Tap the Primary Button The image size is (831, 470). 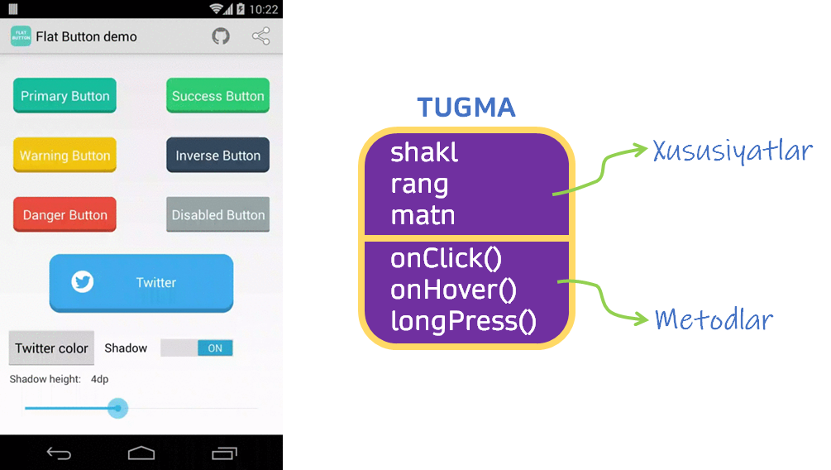64,96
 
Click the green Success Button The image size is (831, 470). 217,96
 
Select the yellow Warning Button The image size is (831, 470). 64,156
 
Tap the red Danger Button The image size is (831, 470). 64,215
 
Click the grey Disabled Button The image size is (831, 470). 217,215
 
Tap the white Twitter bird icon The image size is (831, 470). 82,282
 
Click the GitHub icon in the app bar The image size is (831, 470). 221,36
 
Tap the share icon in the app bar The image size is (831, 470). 260,36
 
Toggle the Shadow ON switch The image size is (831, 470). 197,348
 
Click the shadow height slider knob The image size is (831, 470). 118,408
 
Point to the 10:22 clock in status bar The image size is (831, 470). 263,9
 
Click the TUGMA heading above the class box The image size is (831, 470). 466,108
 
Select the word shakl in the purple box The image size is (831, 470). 424,152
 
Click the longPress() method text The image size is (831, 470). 463,320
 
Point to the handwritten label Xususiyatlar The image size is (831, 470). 733,152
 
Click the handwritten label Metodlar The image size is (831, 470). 714,319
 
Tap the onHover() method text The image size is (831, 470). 453,290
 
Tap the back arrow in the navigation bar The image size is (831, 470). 59,453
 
